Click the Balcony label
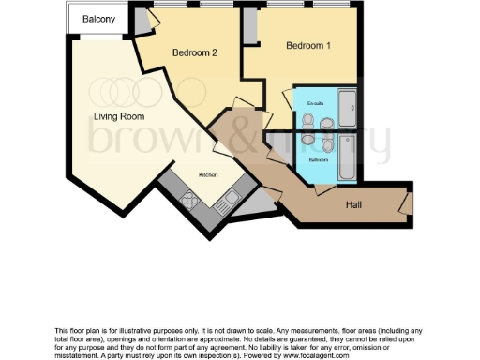pos(98,19)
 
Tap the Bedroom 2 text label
pos(195,53)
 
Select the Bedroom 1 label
pos(308,45)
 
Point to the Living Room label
pos(118,116)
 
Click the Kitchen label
pos(208,175)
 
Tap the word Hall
pos(354,205)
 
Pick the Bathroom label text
pos(319,159)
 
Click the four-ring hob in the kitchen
pos(190,200)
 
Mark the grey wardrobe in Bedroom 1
pos(249,28)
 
